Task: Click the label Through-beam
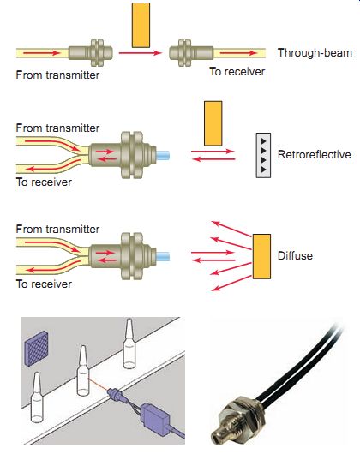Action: click(x=315, y=53)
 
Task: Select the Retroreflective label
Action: click(x=315, y=154)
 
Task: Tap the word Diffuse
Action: click(x=295, y=255)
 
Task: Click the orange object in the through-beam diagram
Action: click(x=141, y=25)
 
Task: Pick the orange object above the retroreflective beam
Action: click(x=213, y=123)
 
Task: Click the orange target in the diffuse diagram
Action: click(x=261, y=256)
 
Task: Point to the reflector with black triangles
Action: click(x=263, y=155)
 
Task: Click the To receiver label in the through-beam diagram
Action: click(x=237, y=71)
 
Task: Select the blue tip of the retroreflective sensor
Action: click(x=163, y=155)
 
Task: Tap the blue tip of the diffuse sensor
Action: click(x=163, y=256)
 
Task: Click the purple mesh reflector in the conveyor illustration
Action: click(x=37, y=349)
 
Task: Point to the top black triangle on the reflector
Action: click(x=263, y=141)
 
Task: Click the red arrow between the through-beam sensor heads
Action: click(x=141, y=53)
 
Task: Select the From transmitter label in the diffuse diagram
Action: click(x=57, y=229)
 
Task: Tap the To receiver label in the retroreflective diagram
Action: click(x=44, y=182)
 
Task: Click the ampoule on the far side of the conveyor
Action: click(x=129, y=343)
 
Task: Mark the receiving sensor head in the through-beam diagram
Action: click(x=191, y=53)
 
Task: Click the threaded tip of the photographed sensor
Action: click(x=219, y=435)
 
